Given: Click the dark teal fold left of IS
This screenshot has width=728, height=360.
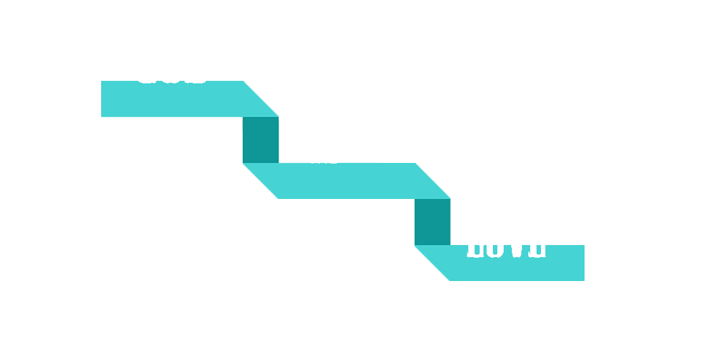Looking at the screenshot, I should pyautogui.click(x=260, y=140).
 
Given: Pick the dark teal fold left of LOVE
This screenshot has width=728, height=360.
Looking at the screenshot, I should pyautogui.click(x=432, y=222).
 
